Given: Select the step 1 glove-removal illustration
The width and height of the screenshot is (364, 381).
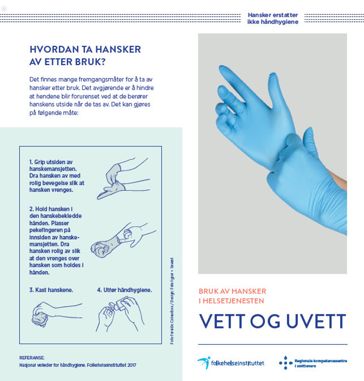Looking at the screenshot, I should pos(121,178).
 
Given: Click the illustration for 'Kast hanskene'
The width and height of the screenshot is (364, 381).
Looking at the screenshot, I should pos(47,314).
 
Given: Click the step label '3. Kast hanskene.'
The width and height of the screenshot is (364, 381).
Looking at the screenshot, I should pos(51,290).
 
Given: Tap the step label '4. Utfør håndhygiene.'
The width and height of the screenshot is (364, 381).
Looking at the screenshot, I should pos(124,290).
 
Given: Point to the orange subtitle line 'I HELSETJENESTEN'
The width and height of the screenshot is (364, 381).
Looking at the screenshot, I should pos(231,300).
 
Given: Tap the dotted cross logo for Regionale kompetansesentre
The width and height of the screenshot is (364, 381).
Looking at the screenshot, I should pos(285,363).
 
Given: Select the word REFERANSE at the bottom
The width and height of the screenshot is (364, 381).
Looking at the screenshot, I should pos(32,357).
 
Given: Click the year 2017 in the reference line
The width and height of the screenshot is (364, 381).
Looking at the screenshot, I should pos(130,365).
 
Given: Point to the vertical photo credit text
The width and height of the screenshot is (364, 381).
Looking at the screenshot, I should pos(172,301).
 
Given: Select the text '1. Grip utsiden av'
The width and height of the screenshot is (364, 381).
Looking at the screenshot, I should pos(51,162).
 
